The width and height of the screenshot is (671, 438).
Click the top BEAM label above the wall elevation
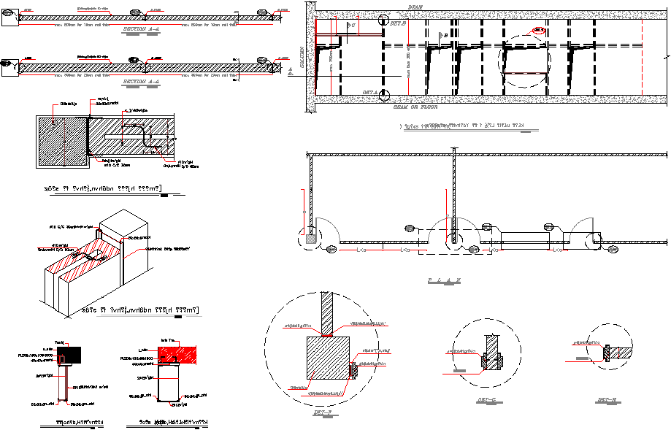415,7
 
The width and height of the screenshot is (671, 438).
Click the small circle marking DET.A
386,96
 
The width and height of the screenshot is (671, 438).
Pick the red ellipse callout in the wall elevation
539,31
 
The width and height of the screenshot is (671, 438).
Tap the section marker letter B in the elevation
446,35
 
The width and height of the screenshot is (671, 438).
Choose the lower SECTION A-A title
143,81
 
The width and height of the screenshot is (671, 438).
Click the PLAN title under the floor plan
444,280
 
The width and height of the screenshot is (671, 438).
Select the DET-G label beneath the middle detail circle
486,399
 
